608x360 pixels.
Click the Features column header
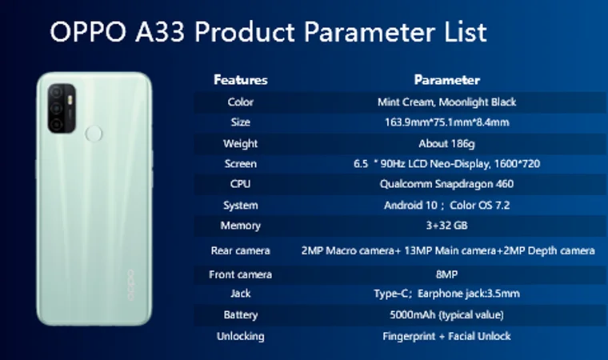pos(241,80)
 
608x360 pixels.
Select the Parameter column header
pos(446,80)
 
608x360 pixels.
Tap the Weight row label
pos(241,143)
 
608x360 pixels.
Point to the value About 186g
pos(446,143)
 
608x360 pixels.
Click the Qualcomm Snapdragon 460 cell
pos(446,184)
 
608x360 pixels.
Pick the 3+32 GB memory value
pos(446,226)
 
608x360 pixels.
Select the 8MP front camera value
pos(446,274)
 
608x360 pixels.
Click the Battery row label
pos(241,314)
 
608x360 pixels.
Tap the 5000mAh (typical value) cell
pos(446,314)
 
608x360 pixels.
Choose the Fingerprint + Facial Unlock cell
pos(446,336)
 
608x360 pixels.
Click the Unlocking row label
pos(241,336)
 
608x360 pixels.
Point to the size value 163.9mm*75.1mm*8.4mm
pos(446,122)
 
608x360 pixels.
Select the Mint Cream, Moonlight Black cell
pos(446,102)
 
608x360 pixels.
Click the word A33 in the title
pos(160,32)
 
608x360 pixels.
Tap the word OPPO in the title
pos(88,32)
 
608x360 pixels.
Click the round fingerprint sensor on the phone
pos(94,134)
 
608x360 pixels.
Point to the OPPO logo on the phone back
pos(131,285)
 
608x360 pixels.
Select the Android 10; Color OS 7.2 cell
pos(446,206)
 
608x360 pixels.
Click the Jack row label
pos(241,294)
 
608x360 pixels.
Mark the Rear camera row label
pos(241,250)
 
